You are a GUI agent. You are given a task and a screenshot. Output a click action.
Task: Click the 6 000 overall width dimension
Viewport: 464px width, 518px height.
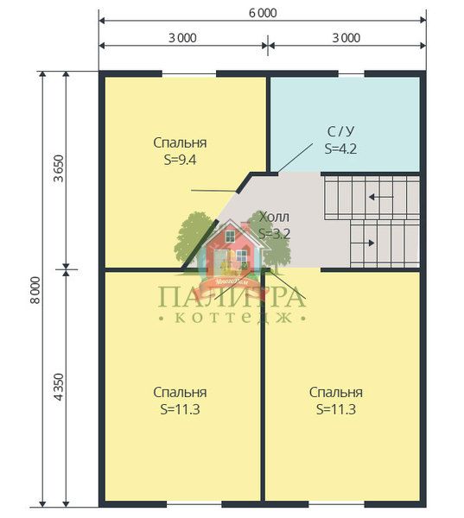point(263,13)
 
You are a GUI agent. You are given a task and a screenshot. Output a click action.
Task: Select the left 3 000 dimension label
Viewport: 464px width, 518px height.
point(182,38)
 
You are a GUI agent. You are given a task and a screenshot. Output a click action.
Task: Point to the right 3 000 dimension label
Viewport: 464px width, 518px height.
point(346,38)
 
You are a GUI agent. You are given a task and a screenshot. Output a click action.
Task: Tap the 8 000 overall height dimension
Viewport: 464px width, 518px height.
point(35,290)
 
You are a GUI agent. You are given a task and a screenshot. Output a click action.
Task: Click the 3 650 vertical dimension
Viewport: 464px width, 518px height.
point(59,168)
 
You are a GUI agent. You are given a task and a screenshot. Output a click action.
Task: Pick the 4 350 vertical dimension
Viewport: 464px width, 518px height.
point(59,387)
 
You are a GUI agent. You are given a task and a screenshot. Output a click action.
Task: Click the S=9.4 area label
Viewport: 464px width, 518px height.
point(181,160)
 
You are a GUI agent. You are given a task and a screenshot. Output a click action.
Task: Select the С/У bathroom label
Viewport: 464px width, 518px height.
point(340,131)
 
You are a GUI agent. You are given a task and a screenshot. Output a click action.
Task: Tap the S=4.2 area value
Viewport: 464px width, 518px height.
point(340,148)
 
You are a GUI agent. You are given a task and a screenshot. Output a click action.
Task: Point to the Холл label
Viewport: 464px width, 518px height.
point(274,217)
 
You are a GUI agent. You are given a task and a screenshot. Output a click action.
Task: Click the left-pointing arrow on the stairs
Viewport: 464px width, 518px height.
point(381,197)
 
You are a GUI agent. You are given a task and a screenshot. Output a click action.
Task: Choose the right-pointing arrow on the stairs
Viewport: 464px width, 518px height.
point(362,243)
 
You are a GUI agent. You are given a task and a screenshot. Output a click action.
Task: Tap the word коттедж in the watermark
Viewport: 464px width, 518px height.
point(232,318)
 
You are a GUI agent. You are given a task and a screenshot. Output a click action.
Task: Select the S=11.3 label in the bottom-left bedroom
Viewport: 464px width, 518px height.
point(181,409)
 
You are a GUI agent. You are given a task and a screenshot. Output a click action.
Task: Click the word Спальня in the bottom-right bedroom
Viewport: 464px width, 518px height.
point(336,393)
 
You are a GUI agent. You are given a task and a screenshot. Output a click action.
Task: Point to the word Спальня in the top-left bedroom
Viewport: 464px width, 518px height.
point(181,142)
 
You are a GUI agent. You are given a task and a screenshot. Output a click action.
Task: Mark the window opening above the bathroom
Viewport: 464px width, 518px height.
point(351,74)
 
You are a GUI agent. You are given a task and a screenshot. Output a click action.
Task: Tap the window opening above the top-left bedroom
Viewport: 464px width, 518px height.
point(189,74)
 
